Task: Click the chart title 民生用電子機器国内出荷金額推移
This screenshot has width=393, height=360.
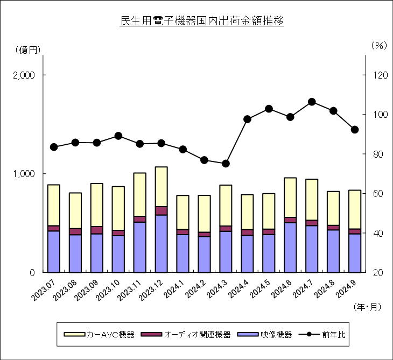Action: [202, 21]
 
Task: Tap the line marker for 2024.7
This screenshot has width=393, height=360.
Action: [312, 102]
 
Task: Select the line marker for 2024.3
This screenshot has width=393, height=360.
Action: [226, 164]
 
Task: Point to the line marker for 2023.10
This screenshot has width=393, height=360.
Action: [118, 136]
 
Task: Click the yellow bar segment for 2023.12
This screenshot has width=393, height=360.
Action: [162, 187]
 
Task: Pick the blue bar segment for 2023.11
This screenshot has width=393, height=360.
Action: [140, 248]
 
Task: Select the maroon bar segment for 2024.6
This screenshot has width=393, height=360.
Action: [290, 220]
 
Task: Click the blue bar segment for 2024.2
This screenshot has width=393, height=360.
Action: [204, 255]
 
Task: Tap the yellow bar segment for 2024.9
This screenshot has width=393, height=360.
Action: [355, 210]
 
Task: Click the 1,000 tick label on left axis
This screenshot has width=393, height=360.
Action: [24, 174]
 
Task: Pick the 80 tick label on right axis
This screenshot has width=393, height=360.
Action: [378, 154]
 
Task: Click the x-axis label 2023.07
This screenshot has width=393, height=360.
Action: [44, 291]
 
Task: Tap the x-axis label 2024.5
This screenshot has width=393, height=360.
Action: [261, 289]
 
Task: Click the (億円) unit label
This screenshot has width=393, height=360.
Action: [27, 50]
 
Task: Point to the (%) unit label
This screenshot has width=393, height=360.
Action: [379, 45]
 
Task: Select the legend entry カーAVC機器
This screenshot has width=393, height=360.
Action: [99, 335]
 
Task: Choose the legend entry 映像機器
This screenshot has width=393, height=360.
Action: [265, 335]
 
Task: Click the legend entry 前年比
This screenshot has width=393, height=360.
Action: [322, 335]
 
